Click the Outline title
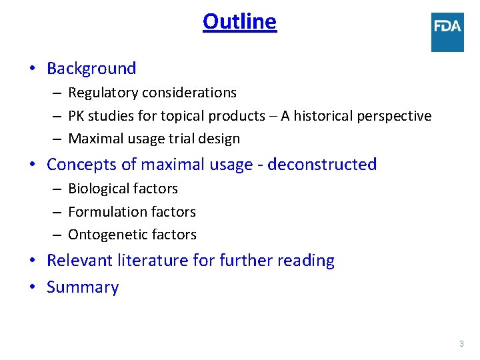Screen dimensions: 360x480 pyautogui.click(x=239, y=22)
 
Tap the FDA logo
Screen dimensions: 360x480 pyautogui.click(x=447, y=31)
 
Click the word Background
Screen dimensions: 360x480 pyautogui.click(x=91, y=69)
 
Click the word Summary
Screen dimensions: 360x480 pyautogui.click(x=83, y=288)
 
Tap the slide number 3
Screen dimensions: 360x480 pyautogui.click(x=461, y=344)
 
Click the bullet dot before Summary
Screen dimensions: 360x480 pyautogui.click(x=32, y=288)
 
